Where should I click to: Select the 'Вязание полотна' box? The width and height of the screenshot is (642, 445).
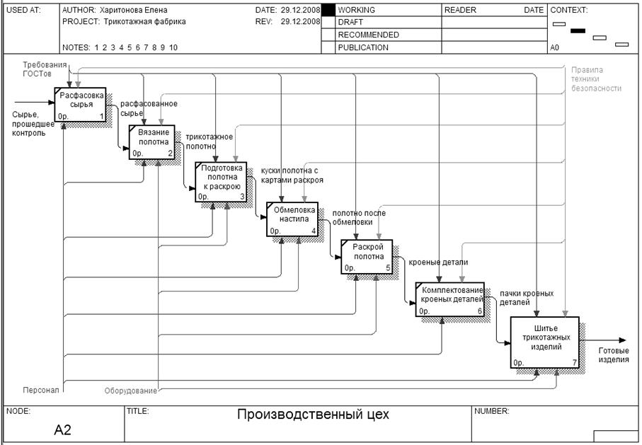coord(151,141)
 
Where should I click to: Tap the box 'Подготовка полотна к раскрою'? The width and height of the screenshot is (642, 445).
coord(222,182)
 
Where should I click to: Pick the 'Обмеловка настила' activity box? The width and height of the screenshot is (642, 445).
coord(292,219)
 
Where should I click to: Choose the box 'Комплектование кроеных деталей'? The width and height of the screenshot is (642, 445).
coord(450,300)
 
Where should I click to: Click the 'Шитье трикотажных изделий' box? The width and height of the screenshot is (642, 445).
coord(546,342)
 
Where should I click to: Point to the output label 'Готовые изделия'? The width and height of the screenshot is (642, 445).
coord(613,355)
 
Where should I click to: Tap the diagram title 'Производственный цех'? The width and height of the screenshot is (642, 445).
coord(313,415)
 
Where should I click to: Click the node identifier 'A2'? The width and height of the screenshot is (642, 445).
coord(62,429)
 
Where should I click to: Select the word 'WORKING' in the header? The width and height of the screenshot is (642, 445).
coord(357,11)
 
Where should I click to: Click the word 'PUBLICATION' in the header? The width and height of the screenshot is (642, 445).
coord(363,48)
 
